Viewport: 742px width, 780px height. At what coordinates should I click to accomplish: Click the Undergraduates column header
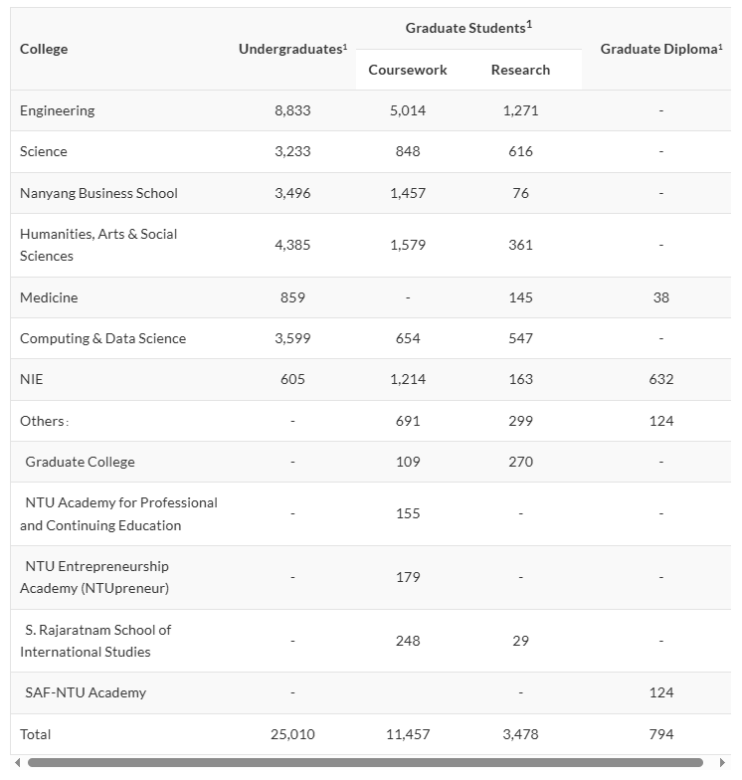coord(292,49)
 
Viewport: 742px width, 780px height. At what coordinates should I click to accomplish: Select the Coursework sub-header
coord(408,70)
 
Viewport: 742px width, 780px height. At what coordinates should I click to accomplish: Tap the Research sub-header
coord(520,70)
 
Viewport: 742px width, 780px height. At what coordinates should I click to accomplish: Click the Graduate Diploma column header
coord(660,49)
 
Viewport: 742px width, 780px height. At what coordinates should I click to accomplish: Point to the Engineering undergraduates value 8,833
coord(292,110)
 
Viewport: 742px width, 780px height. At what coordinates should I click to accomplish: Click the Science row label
coord(44,151)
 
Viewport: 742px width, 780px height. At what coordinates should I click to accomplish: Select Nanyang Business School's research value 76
coord(520,193)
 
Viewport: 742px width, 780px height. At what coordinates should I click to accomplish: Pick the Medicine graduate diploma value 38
coord(661,297)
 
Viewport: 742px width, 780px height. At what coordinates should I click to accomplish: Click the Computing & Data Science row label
coord(102,338)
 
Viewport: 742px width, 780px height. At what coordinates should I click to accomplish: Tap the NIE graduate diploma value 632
coord(661,379)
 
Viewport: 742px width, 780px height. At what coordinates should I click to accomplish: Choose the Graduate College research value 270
coord(520,462)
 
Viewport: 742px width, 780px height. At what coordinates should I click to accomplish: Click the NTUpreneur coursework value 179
coord(408,577)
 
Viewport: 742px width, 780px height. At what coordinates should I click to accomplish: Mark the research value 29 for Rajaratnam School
coord(520,641)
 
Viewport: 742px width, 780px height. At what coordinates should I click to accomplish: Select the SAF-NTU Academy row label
coord(86,692)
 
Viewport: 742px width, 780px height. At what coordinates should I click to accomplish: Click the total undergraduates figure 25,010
coord(292,734)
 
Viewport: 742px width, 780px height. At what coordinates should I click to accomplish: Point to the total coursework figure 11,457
coord(408,734)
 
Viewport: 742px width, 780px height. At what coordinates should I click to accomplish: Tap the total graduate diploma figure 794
coord(661,734)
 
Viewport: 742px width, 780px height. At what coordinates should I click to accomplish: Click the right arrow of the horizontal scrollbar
coord(723,763)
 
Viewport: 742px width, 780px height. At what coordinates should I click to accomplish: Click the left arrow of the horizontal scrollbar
coord(17,763)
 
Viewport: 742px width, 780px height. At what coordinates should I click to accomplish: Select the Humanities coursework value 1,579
coord(408,245)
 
